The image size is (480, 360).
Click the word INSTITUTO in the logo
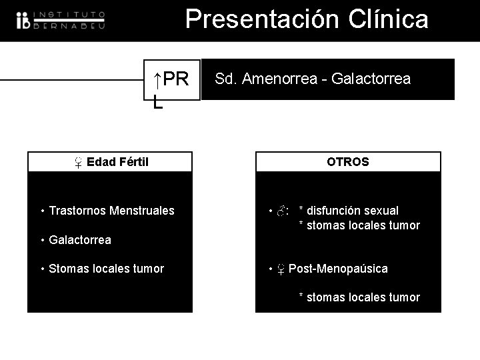[x=69, y=14]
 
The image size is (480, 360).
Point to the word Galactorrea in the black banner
[x=371, y=79]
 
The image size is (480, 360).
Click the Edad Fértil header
[x=117, y=162]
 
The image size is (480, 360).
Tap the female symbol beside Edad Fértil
[x=78, y=162]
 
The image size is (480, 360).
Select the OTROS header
[x=347, y=162]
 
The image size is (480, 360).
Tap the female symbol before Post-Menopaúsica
[x=281, y=269]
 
